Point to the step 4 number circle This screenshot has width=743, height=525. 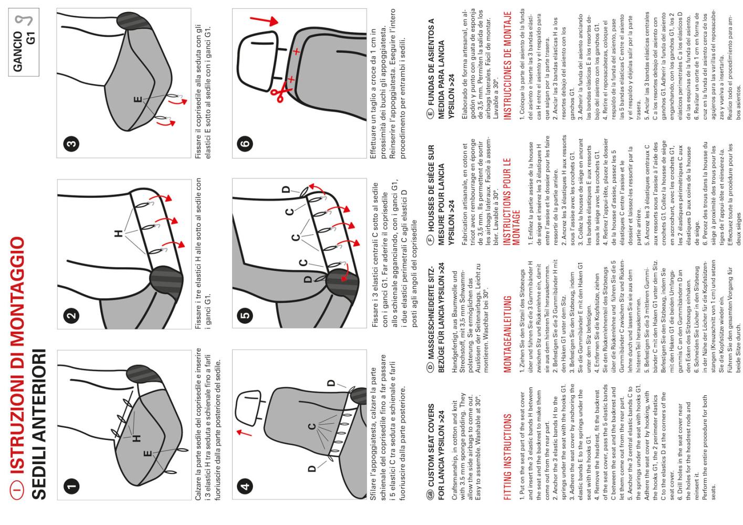click(x=245, y=486)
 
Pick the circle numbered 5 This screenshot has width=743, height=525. click(x=245, y=315)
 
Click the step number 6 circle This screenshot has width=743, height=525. click(x=245, y=144)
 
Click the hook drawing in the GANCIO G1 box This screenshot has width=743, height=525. click(x=25, y=19)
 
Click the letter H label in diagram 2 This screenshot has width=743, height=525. click(x=119, y=234)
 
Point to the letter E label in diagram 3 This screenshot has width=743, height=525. click(x=138, y=99)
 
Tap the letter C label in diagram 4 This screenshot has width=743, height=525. click(x=312, y=426)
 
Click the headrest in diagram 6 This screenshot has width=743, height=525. click(x=257, y=61)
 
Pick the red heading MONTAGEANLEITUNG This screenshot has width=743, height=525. click(x=507, y=334)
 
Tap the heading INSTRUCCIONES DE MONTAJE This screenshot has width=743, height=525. click(x=507, y=66)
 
